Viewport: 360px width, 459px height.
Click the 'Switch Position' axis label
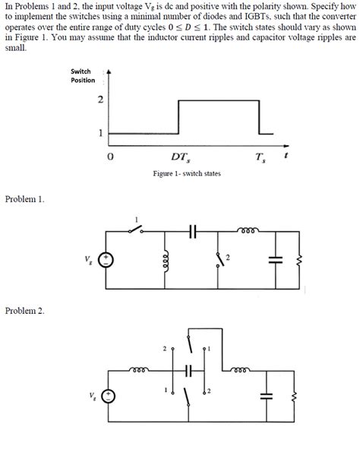click(83, 75)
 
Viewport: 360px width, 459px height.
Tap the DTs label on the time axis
click(181, 157)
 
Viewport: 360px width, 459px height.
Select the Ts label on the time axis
click(261, 157)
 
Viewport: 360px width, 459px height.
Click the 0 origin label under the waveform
click(111, 157)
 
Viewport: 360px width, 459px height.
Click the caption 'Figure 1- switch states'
click(187, 174)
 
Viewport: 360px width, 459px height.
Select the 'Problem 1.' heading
click(25, 199)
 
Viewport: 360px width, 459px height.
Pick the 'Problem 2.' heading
click(25, 311)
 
